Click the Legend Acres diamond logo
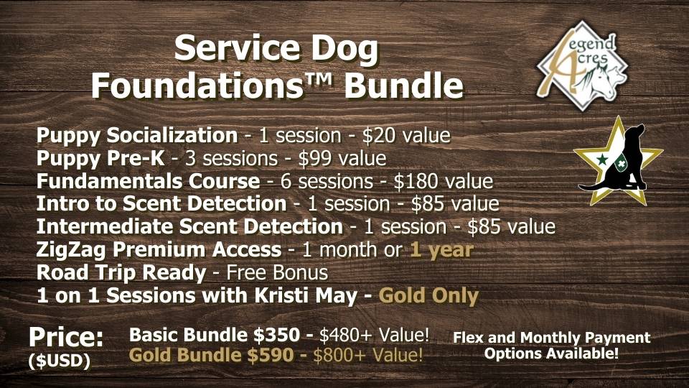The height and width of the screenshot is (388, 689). click(x=582, y=65)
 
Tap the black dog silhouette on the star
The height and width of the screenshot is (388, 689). click(x=615, y=157)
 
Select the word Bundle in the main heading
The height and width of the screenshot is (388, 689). click(x=404, y=85)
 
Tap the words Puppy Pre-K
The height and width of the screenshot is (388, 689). click(x=100, y=158)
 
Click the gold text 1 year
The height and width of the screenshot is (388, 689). click(x=441, y=250)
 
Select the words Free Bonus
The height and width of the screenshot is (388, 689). click(x=277, y=273)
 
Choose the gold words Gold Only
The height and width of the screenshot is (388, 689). click(x=428, y=296)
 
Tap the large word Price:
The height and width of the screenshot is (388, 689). click(x=66, y=338)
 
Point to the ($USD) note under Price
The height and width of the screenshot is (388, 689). click(x=60, y=361)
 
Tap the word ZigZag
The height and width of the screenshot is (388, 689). click(x=71, y=250)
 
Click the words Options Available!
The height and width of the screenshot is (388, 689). click(x=551, y=354)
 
